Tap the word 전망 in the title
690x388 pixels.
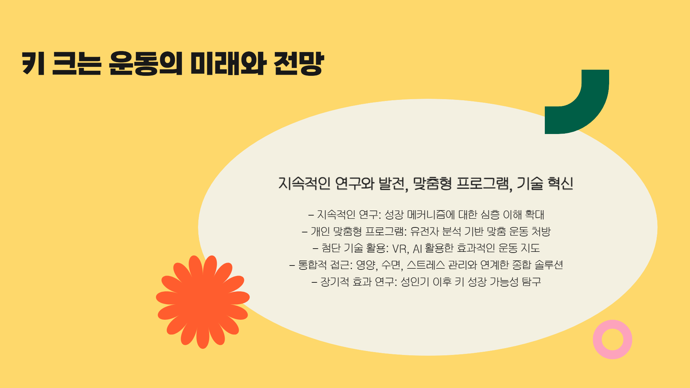tap(299, 64)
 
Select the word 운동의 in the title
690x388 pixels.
tap(146, 64)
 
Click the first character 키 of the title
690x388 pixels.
tap(33, 64)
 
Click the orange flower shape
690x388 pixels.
tap(203, 301)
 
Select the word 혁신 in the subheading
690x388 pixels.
tap(560, 184)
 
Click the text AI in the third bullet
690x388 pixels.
tap(417, 249)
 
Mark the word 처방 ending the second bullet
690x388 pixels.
tap(541, 231)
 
